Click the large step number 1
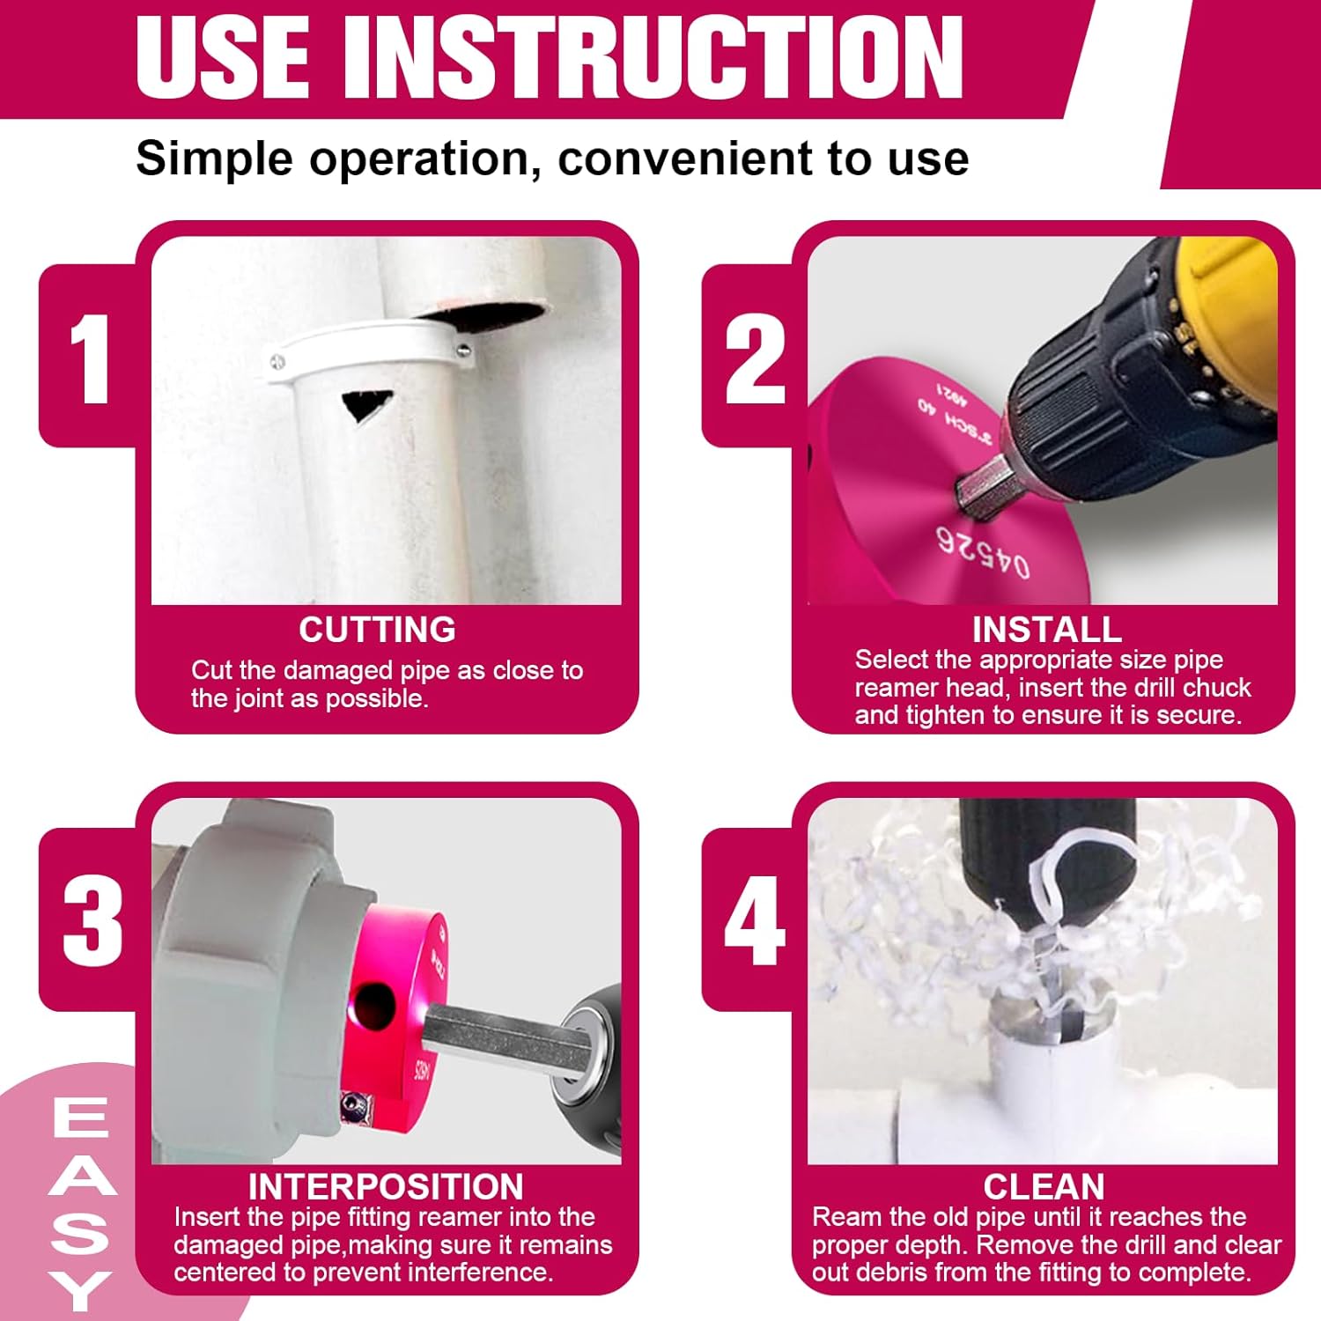pyautogui.click(x=90, y=359)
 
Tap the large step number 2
pyautogui.click(x=755, y=359)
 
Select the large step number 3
pyautogui.click(x=92, y=920)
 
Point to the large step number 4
pyautogui.click(x=755, y=920)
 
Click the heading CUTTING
pyautogui.click(x=377, y=630)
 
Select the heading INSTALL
pyautogui.click(x=1047, y=630)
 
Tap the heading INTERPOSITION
pyautogui.click(x=386, y=1186)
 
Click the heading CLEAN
pyautogui.click(x=1044, y=1186)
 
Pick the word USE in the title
pyautogui.click(x=223, y=57)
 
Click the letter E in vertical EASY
pyautogui.click(x=80, y=1117)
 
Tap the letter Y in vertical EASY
pyautogui.click(x=80, y=1290)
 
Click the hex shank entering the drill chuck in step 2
pyautogui.click(x=978, y=483)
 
